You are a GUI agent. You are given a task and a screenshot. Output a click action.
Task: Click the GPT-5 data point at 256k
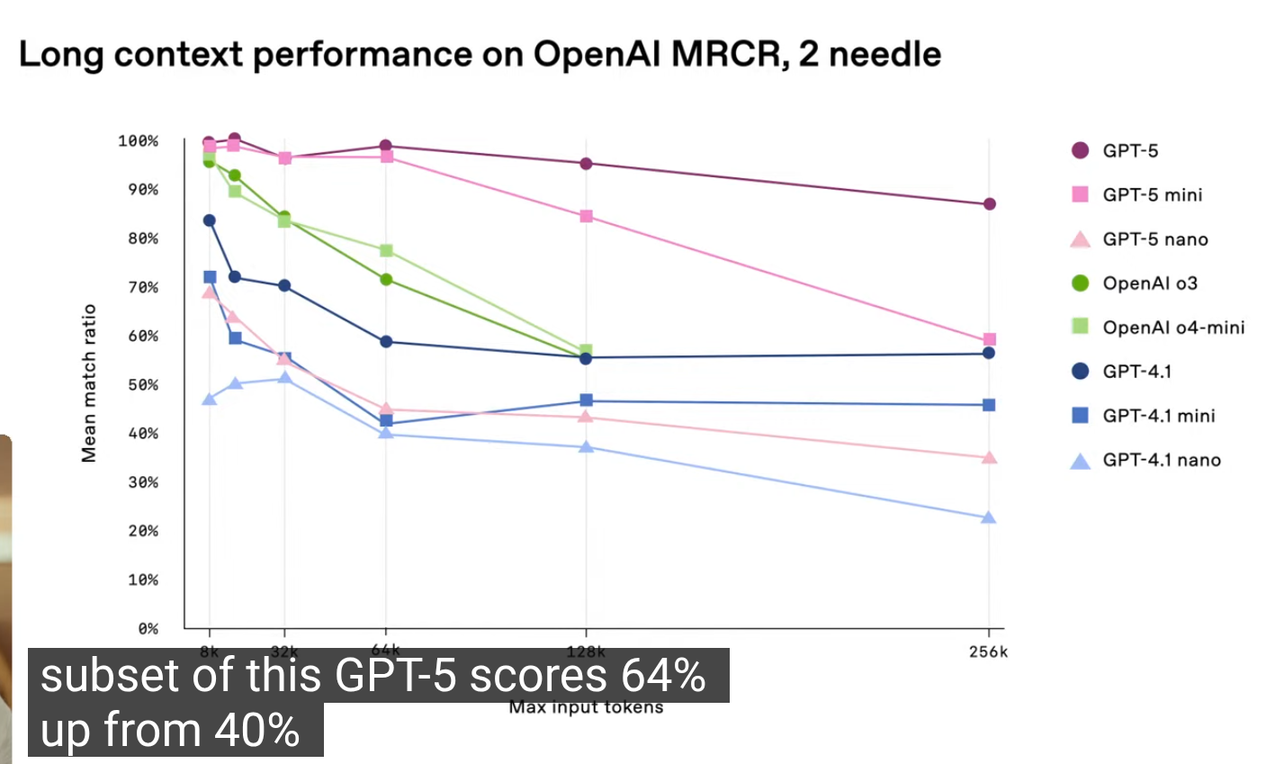pyautogui.click(x=989, y=204)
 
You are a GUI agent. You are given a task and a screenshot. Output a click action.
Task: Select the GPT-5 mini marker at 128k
pyautogui.click(x=587, y=216)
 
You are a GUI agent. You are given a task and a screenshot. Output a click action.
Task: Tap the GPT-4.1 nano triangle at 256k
pyautogui.click(x=989, y=517)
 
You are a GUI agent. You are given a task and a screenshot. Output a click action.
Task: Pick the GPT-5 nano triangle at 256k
pyautogui.click(x=989, y=457)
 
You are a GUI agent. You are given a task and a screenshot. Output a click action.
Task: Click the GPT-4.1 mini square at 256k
pyautogui.click(x=989, y=405)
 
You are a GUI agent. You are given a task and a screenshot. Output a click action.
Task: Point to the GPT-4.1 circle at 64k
pyautogui.click(x=386, y=342)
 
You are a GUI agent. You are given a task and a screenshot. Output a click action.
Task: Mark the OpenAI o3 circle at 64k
pyautogui.click(x=386, y=280)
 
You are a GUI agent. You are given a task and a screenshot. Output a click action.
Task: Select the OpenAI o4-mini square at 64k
pyautogui.click(x=386, y=250)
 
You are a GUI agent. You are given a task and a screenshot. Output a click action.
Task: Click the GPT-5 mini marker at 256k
pyautogui.click(x=989, y=340)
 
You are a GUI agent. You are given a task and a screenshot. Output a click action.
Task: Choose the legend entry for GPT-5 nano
pyautogui.click(x=1155, y=239)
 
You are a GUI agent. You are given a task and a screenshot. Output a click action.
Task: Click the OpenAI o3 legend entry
pyautogui.click(x=1150, y=283)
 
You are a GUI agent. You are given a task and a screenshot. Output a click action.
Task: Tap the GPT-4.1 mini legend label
pyautogui.click(x=1159, y=416)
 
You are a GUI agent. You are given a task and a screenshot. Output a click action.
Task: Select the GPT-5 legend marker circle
pyautogui.click(x=1081, y=150)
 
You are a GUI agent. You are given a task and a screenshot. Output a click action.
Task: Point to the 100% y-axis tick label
pyautogui.click(x=138, y=141)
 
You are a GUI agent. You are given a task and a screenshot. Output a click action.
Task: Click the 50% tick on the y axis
pyautogui.click(x=142, y=385)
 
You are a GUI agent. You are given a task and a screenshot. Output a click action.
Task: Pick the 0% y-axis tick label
pyautogui.click(x=148, y=629)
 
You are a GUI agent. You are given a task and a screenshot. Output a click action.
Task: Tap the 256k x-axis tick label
pyautogui.click(x=989, y=652)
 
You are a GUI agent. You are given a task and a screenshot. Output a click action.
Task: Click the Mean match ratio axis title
pyautogui.click(x=89, y=383)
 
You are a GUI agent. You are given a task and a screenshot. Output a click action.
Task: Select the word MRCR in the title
pyautogui.click(x=724, y=55)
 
